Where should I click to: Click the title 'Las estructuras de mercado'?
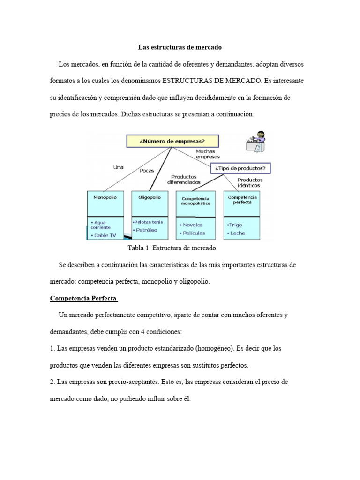coord(180,47)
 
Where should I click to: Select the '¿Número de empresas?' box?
coord(172,141)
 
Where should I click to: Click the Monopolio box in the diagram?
coord(105,203)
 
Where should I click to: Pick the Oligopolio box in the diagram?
coord(150,203)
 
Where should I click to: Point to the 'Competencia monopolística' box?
coord(195,203)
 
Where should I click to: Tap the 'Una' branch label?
coord(119,166)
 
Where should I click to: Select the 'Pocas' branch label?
coord(147,171)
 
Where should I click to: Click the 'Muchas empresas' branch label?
coord(208,154)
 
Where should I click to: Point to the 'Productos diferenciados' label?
coord(183,179)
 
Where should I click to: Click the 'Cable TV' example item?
coord(105,235)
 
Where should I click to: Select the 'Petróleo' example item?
coord(147,230)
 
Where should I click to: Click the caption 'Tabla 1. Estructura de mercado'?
coord(171,247)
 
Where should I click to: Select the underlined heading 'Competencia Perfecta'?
coord(83,299)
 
